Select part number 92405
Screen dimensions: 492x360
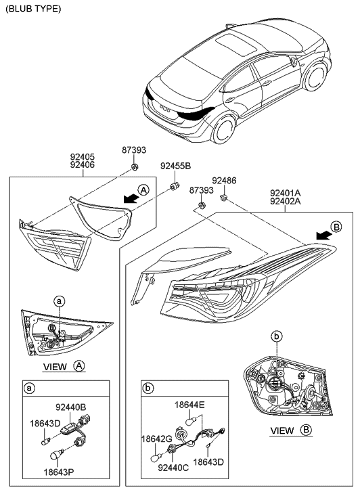(83, 155)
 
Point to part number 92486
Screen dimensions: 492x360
(224, 181)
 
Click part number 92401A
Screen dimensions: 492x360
(285, 192)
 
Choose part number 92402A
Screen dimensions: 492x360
(285, 201)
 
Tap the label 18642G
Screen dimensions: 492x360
(156, 439)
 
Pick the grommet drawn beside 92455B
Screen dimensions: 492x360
(175, 185)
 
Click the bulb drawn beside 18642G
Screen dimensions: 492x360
(155, 457)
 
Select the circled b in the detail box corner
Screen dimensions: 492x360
(148, 389)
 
